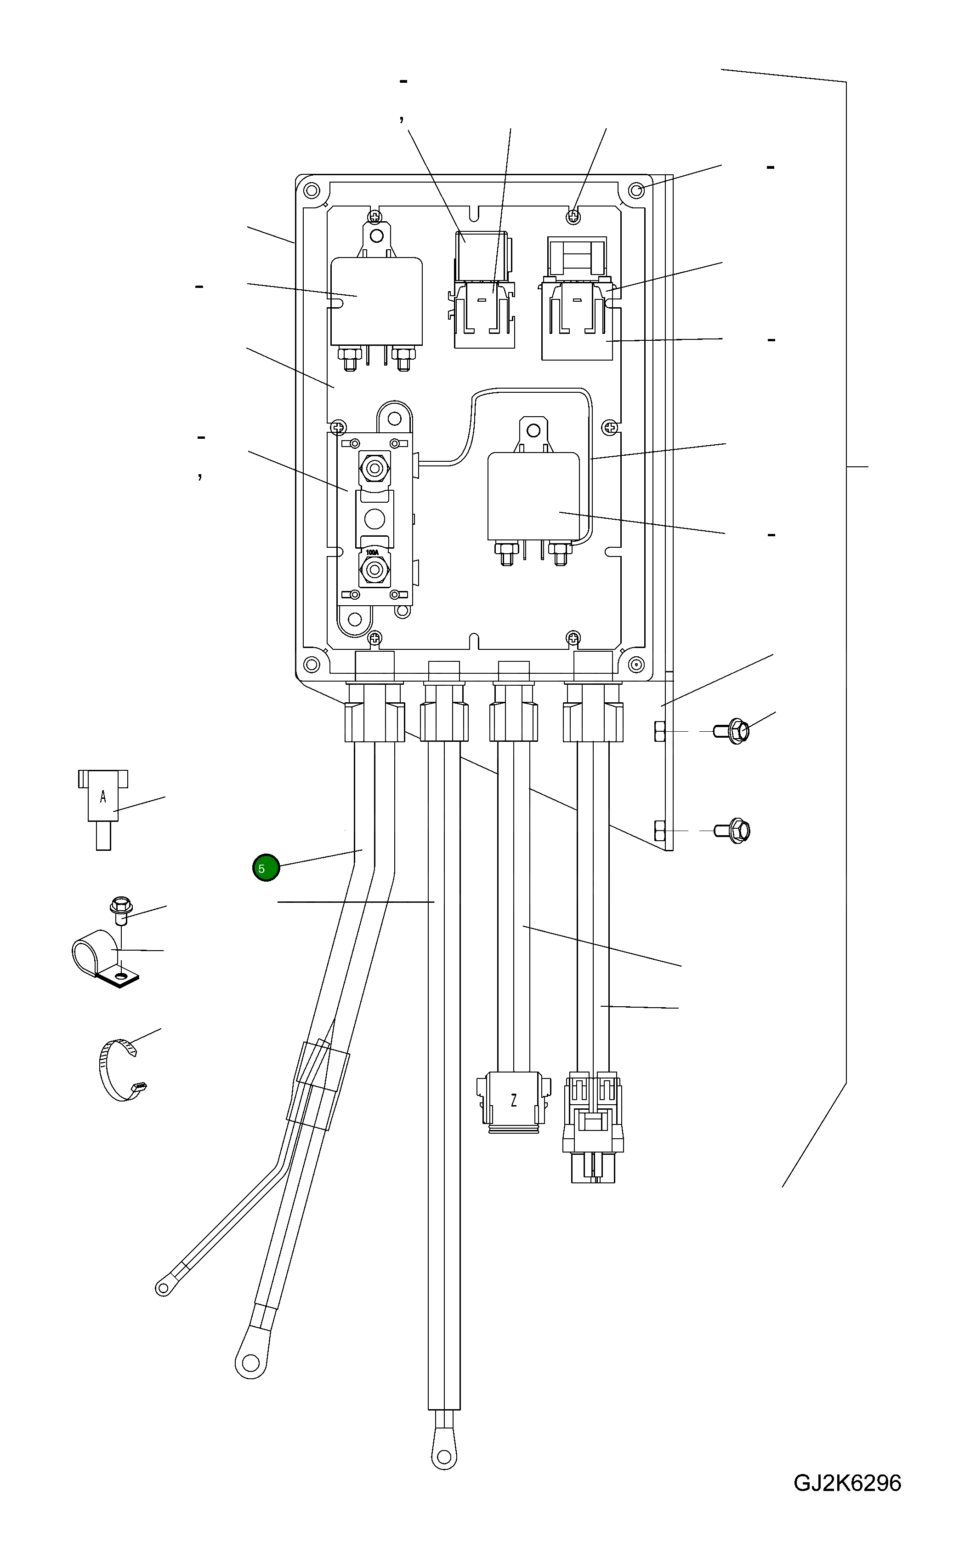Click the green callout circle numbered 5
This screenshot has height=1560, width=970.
tap(266, 868)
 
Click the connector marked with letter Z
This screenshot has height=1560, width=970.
tap(513, 1100)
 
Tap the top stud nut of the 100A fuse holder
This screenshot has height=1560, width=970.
tap(374, 467)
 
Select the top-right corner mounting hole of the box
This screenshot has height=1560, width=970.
tap(636, 190)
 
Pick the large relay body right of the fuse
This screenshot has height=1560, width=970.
tap(533, 496)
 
